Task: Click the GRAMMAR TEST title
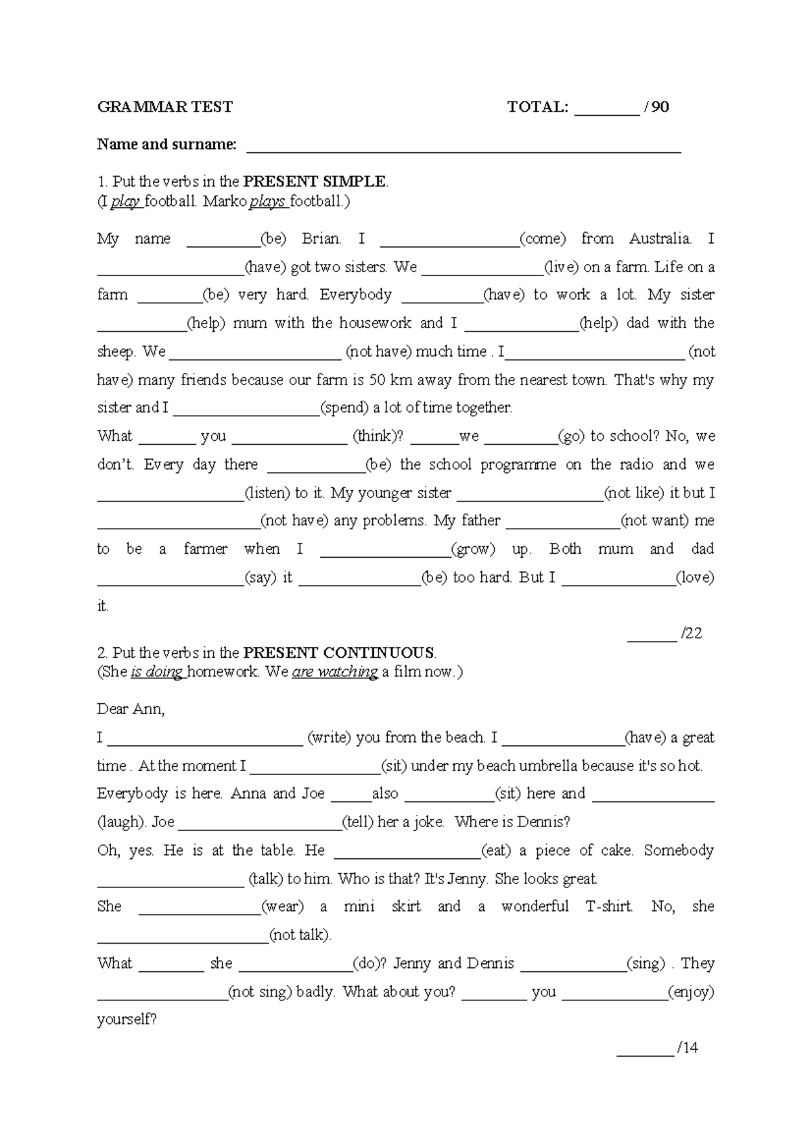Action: (x=164, y=107)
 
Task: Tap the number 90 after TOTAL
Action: (x=660, y=107)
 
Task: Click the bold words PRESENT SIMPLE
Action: (x=315, y=181)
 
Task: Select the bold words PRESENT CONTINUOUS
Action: (x=339, y=653)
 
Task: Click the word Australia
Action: (x=660, y=239)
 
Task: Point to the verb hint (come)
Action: (x=542, y=239)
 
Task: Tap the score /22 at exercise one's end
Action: (x=692, y=634)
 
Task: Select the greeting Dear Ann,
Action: (x=131, y=709)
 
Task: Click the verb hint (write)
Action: (x=329, y=738)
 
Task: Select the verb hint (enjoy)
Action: (x=691, y=992)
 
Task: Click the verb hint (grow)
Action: (x=473, y=549)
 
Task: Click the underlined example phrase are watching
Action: (x=334, y=672)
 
